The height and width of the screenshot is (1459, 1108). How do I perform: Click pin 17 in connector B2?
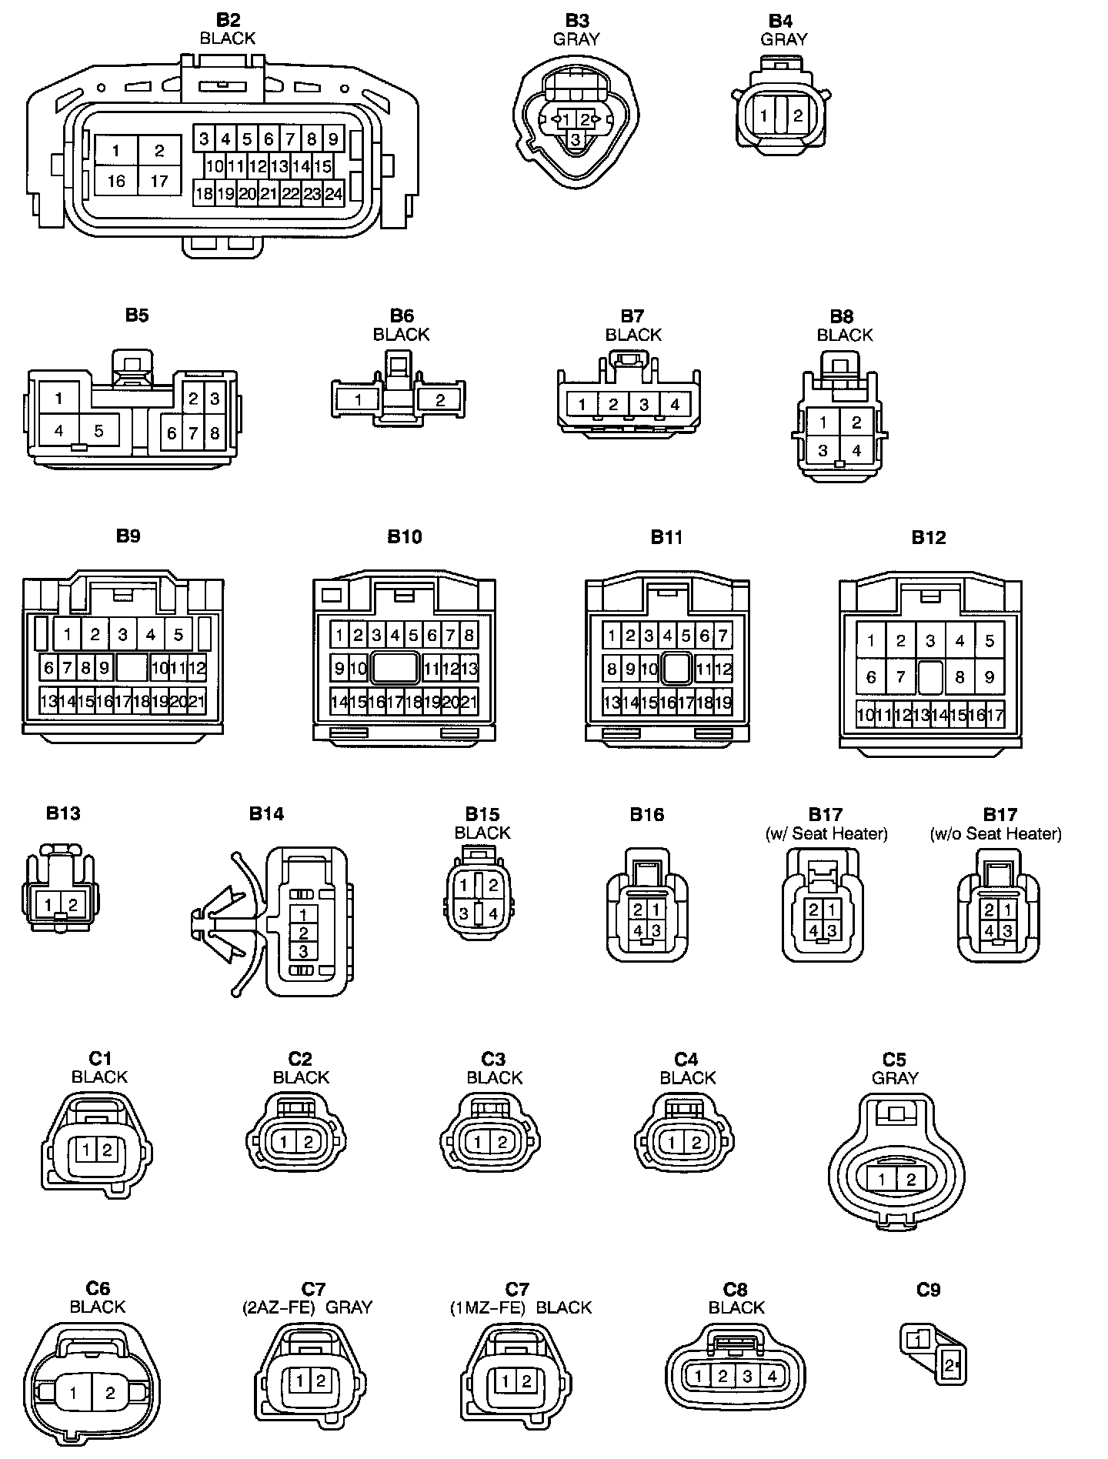[x=159, y=182]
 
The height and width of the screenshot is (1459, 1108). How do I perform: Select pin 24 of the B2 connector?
[x=333, y=194]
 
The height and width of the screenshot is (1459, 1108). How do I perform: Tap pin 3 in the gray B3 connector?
[x=576, y=139]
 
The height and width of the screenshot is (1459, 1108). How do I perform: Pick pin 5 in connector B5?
[x=98, y=431]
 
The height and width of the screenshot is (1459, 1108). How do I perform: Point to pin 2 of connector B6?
[x=440, y=399]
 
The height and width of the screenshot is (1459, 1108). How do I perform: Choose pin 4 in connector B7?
[x=675, y=404]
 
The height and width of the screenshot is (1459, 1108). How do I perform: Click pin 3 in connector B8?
[x=823, y=451]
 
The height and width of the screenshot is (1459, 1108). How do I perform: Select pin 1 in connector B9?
[x=68, y=635]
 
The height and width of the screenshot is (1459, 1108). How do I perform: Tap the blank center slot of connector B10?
[x=395, y=668]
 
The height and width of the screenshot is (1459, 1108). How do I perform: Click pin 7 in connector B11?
[x=723, y=636]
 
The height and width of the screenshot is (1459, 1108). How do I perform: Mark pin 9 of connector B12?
[x=990, y=677]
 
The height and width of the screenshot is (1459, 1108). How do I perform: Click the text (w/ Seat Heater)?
[x=826, y=833]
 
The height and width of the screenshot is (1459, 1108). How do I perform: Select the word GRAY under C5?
[x=895, y=1078]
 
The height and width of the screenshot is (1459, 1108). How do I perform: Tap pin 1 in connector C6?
[x=73, y=1392]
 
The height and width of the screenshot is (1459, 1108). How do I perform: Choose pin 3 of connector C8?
[x=747, y=1376]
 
